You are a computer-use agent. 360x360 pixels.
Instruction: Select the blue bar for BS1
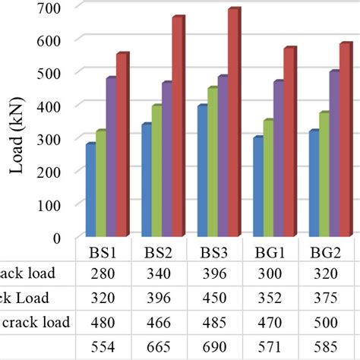click(x=90, y=190)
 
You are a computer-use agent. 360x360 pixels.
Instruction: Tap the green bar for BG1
click(x=268, y=178)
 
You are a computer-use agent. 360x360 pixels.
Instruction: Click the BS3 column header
click(x=214, y=251)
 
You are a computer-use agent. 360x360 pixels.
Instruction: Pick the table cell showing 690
click(x=214, y=348)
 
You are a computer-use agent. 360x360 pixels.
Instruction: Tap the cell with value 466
click(x=157, y=323)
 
